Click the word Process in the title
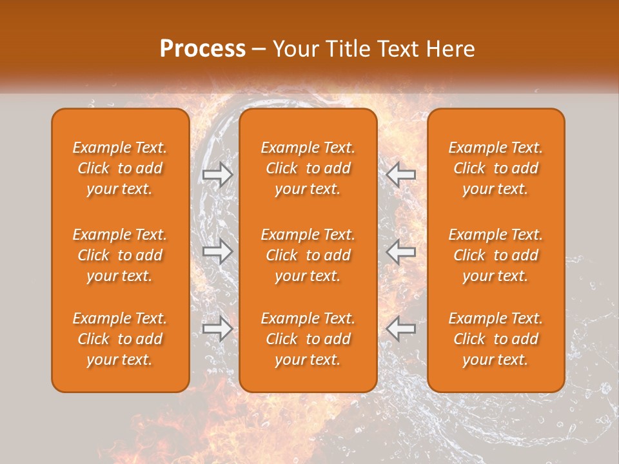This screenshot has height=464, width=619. tap(202, 49)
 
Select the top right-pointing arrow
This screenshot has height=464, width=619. tap(218, 174)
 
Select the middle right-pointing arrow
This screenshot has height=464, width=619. tap(218, 251)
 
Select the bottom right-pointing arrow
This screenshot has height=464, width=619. tap(218, 329)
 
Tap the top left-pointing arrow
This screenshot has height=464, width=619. tap(401, 174)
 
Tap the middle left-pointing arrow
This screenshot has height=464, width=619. tap(401, 251)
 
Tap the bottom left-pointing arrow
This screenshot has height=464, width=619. tap(401, 329)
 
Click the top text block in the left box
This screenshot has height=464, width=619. tap(120, 168)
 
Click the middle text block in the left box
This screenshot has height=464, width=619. tap(120, 255)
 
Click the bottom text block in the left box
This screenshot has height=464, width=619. tap(120, 339)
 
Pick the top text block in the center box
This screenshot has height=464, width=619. tap(308, 168)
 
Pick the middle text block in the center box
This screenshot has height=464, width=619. tap(308, 255)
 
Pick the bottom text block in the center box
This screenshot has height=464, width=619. tap(308, 339)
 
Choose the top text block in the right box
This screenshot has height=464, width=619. tap(496, 168)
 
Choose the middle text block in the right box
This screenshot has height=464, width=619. tap(496, 255)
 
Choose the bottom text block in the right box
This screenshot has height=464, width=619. tap(496, 339)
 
